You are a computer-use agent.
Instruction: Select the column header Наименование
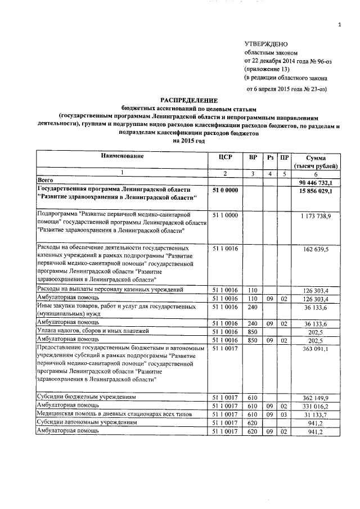pos(123,155)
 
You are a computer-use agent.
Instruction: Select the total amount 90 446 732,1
pos(317,182)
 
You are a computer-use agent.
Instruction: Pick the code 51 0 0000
pos(224,191)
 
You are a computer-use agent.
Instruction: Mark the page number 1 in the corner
pos(340,24)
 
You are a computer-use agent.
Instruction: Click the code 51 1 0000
pos(224,215)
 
